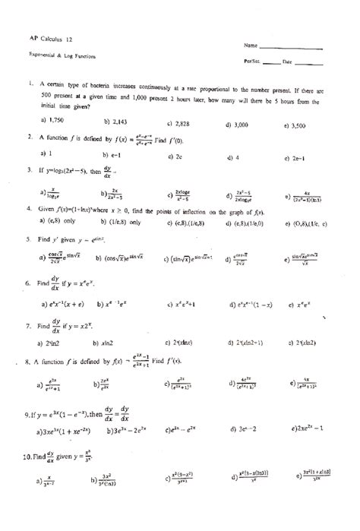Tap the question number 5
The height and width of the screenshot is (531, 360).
tap(28, 238)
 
